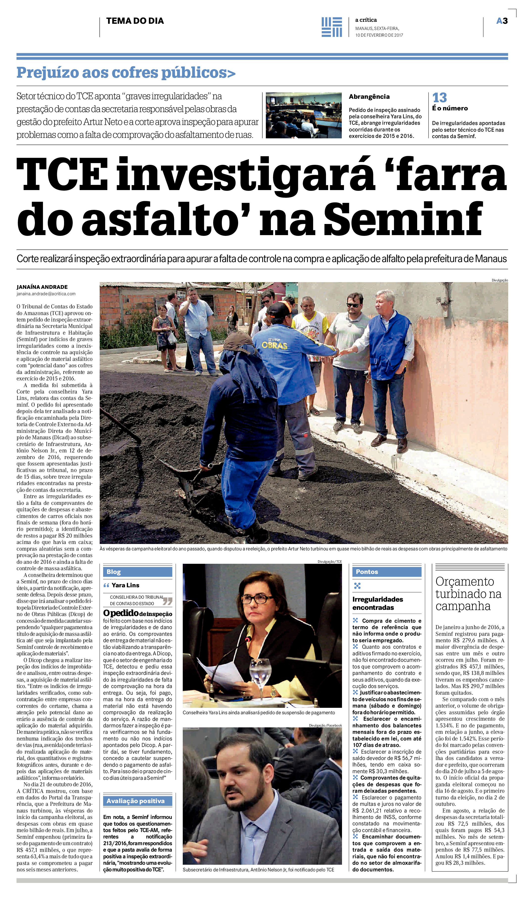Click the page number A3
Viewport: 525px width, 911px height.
click(502, 21)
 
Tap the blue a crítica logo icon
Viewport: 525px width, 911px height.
click(331, 27)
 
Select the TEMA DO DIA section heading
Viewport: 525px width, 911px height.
click(135, 21)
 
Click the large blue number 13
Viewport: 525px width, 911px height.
click(439, 98)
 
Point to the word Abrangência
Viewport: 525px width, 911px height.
click(369, 97)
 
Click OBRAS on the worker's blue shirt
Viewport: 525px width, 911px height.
click(274, 345)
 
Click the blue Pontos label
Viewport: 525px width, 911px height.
click(367, 572)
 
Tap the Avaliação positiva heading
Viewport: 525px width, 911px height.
click(136, 801)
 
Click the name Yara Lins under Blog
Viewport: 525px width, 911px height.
click(125, 585)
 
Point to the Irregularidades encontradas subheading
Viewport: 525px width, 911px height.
click(378, 603)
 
